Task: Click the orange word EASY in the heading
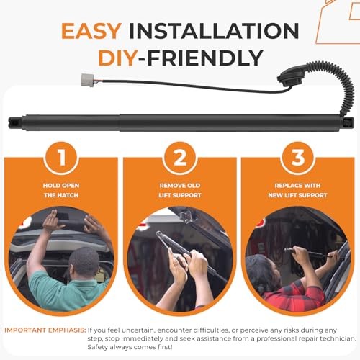(91, 31)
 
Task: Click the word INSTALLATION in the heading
(214, 31)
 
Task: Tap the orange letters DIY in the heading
(117, 58)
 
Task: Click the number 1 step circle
(61, 158)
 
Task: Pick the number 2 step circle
(180, 158)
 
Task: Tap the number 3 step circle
(297, 158)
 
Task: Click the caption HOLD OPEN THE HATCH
(61, 190)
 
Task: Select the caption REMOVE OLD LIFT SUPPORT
(180, 190)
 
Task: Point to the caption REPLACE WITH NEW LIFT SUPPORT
(297, 190)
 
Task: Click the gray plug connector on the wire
(87, 80)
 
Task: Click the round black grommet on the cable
(287, 78)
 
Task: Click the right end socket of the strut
(348, 122)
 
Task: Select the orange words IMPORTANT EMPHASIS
(45, 330)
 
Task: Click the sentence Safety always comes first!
(130, 347)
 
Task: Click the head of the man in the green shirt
(84, 262)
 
